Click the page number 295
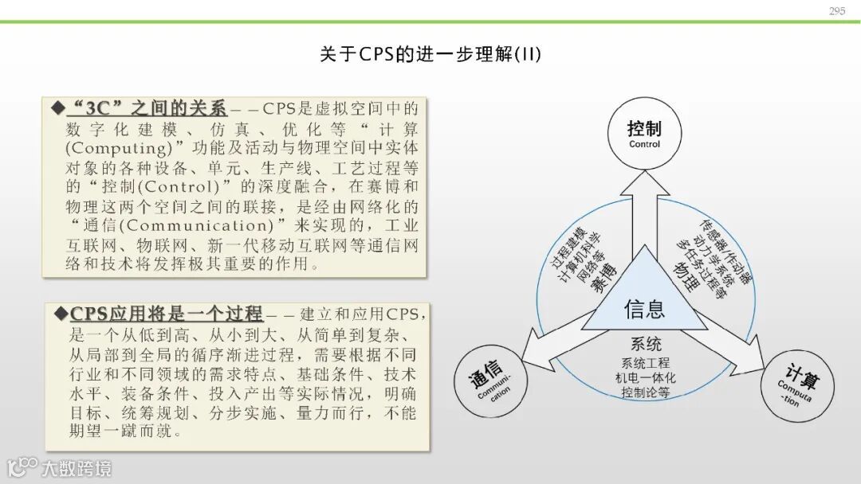click(836, 11)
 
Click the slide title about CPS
click(431, 54)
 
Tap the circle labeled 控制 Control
click(644, 135)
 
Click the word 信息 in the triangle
click(644, 309)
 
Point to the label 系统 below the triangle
click(646, 345)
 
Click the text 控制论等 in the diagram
click(646, 393)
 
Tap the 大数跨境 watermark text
click(77, 468)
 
